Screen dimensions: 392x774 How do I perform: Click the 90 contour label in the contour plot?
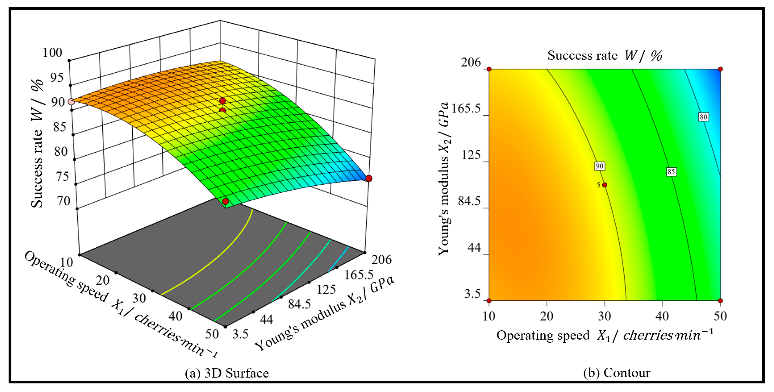tap(599, 166)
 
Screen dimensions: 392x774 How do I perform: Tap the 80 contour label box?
tap(703, 117)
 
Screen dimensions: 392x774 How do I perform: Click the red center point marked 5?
tap(604, 185)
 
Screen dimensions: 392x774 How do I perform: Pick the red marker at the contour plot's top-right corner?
tap(720, 69)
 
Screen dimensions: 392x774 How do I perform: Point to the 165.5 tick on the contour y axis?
tap(466, 109)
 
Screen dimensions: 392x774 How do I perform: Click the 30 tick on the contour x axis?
tap(604, 316)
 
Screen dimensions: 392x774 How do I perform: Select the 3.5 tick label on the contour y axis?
tap(472, 293)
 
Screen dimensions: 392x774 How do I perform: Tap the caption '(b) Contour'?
tap(617, 373)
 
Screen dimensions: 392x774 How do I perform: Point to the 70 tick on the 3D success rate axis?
tap(64, 201)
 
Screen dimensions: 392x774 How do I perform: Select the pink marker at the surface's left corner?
tap(71, 102)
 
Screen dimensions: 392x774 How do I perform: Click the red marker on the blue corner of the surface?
tap(369, 178)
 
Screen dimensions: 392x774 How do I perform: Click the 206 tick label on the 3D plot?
tap(382, 259)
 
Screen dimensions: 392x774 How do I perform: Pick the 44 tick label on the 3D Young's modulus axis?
tap(266, 319)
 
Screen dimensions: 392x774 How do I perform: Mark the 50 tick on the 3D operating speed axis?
tap(212, 334)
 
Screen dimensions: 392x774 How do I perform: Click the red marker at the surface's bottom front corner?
tap(225, 202)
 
